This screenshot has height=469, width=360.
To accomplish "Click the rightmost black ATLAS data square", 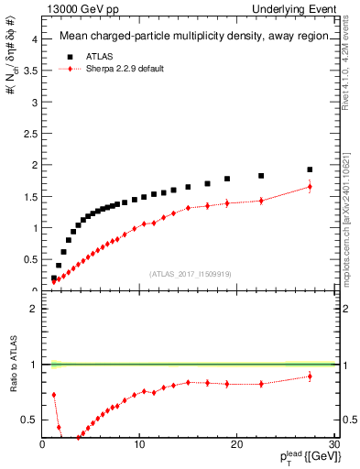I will (310, 169).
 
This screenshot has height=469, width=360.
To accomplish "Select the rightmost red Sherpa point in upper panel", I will (310, 187).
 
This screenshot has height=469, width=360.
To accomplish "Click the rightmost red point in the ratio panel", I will (310, 376).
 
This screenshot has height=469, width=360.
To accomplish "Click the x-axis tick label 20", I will (236, 444).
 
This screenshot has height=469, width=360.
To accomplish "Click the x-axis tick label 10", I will (139, 444).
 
